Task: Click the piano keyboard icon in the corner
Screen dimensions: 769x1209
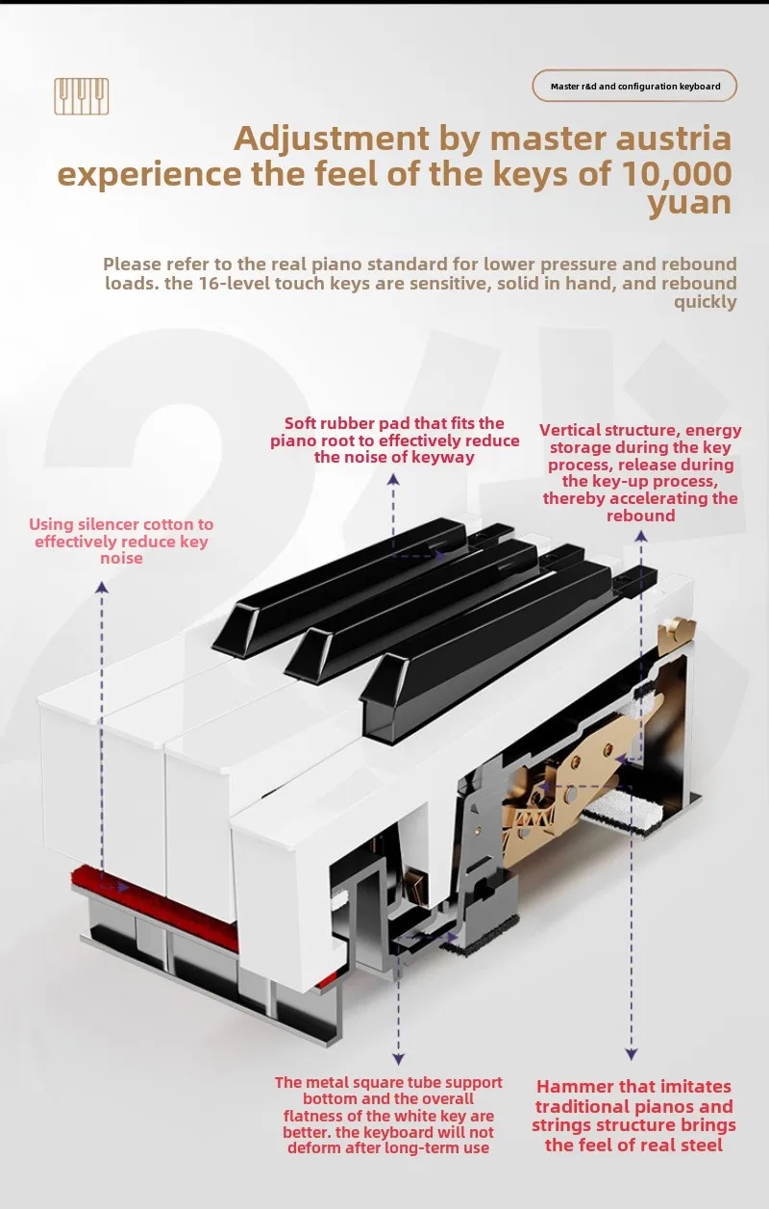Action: (x=82, y=96)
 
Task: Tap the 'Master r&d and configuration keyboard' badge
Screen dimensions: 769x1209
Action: (x=634, y=87)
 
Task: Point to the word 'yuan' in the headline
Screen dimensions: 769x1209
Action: (x=688, y=203)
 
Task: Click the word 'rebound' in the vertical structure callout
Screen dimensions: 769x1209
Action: (x=640, y=516)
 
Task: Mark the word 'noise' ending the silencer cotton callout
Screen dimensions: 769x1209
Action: (x=121, y=558)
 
